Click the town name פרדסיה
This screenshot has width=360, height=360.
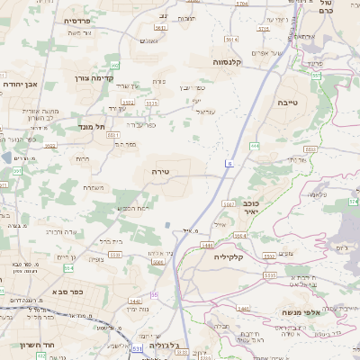click(79, 20)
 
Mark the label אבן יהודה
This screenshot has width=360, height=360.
click(19, 84)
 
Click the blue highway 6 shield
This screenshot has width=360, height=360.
click(230, 164)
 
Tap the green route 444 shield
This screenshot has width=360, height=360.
click(255, 146)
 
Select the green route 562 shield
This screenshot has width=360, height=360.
click(114, 66)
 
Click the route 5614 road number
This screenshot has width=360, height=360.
click(231, 40)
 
